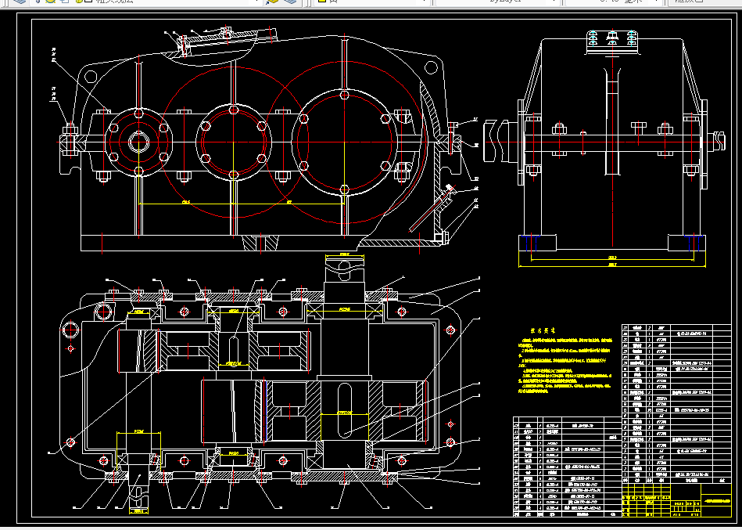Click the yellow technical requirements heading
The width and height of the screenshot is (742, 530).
[x=543, y=331]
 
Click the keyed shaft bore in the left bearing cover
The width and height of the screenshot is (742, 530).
[x=139, y=142]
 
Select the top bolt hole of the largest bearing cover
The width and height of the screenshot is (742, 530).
[x=344, y=95]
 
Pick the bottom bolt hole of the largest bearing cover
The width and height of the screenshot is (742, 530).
[x=344, y=189]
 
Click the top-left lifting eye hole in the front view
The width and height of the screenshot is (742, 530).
[x=91, y=77]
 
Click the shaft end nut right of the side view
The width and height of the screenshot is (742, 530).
[x=718, y=142]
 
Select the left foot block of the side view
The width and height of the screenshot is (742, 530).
[x=532, y=236]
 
